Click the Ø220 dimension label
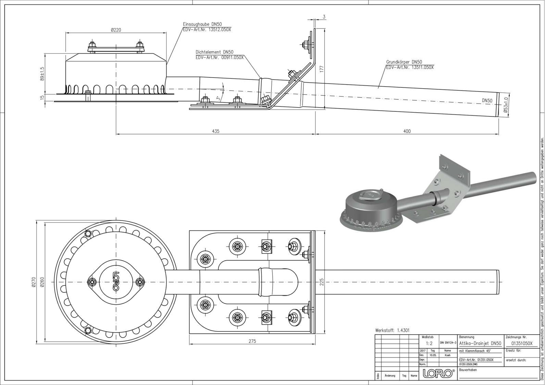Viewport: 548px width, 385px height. (x=116, y=30)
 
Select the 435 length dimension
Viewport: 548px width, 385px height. (x=215, y=131)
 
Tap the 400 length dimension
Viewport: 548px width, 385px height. (x=407, y=131)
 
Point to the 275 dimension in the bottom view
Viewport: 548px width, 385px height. (x=252, y=341)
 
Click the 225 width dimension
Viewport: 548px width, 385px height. (x=321, y=282)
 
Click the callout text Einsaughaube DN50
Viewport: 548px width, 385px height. (x=202, y=25)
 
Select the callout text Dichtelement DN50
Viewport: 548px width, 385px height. (x=214, y=52)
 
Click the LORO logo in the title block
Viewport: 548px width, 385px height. (x=439, y=374)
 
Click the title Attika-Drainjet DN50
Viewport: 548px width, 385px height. (x=480, y=343)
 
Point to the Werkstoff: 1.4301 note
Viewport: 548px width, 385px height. (x=392, y=331)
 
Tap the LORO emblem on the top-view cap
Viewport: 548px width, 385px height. (x=115, y=281)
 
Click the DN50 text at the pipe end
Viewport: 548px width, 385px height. (x=487, y=101)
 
